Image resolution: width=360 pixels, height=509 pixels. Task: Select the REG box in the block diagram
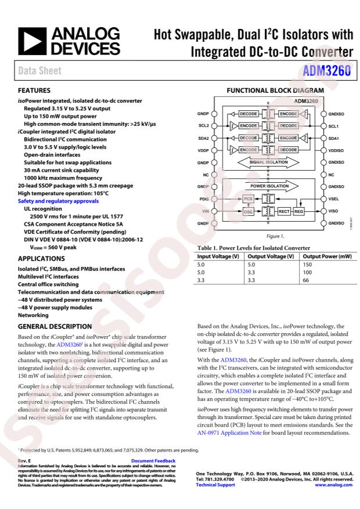point(300,212)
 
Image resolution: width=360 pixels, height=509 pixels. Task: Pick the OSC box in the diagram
point(249,212)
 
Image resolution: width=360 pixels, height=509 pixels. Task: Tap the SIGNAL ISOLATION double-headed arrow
point(268,163)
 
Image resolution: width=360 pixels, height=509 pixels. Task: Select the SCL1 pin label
point(334,125)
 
